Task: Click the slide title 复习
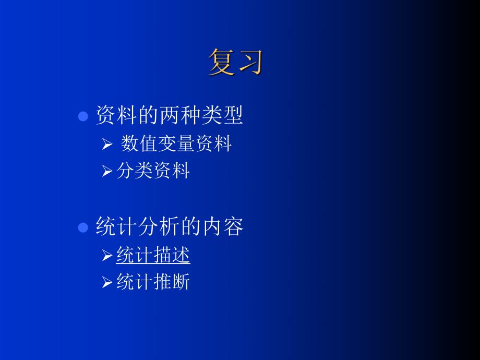[x=235, y=63]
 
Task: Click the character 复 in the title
[x=221, y=63]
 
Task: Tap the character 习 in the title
[x=249, y=63]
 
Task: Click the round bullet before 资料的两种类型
[x=82, y=116]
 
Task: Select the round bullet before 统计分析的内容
[x=82, y=227]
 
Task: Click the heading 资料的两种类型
[x=169, y=115]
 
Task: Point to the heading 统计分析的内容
[x=169, y=226]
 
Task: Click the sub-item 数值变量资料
[x=176, y=143]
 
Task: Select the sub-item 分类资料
[x=153, y=171]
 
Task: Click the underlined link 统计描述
[x=153, y=255]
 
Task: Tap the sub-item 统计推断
[x=153, y=282]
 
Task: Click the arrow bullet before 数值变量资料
[x=107, y=144]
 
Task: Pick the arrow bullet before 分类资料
[x=107, y=171]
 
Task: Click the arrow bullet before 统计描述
[x=107, y=256]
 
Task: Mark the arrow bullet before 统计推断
[x=107, y=283]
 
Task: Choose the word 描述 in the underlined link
[x=172, y=255]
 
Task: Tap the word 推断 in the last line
[x=172, y=282]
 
